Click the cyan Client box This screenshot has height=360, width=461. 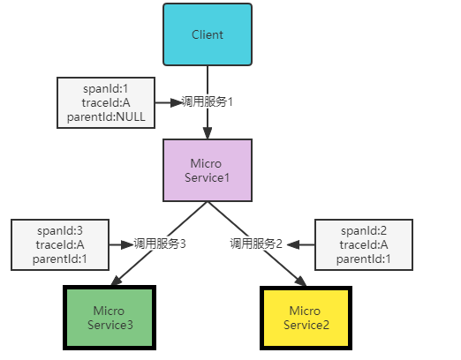pyautogui.click(x=208, y=34)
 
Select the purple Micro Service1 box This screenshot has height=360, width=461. pyautogui.click(x=208, y=170)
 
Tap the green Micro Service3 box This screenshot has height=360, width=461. pyautogui.click(x=110, y=318)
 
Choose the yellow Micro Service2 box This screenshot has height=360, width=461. pyautogui.click(x=306, y=318)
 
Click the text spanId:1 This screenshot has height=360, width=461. pyautogui.click(x=106, y=89)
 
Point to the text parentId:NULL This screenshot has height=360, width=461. pyautogui.click(x=106, y=117)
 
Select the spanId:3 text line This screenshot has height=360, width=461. pyautogui.click(x=60, y=231)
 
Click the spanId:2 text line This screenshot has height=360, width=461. pyautogui.click(x=364, y=231)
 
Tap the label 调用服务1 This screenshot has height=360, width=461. pyautogui.click(x=207, y=101)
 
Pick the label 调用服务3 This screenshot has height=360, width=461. pyautogui.click(x=160, y=244)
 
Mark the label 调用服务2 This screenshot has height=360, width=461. pyautogui.click(x=256, y=244)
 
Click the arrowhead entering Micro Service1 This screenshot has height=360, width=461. pyautogui.click(x=208, y=133)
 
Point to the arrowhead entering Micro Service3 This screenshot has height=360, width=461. pyautogui.click(x=117, y=281)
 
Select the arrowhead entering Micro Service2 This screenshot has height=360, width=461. pyautogui.click(x=301, y=281)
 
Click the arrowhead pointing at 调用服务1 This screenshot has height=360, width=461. pyautogui.click(x=177, y=102)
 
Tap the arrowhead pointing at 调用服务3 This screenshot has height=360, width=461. pyautogui.click(x=128, y=244)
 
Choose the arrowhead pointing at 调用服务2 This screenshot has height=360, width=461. pyautogui.click(x=293, y=244)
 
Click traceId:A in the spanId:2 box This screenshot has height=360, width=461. pyautogui.click(x=364, y=245)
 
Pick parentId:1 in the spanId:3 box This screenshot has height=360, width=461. pyautogui.click(x=60, y=259)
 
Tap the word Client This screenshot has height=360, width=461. pyautogui.click(x=208, y=34)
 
